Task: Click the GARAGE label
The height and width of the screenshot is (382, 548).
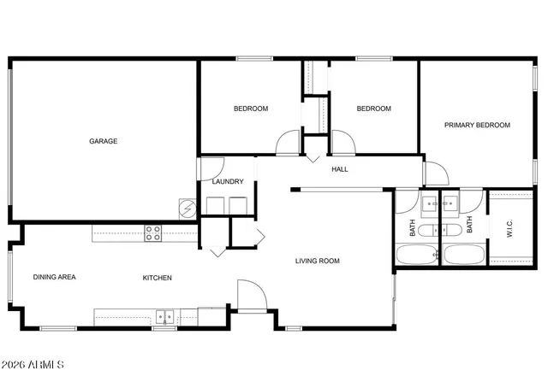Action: pyautogui.click(x=104, y=141)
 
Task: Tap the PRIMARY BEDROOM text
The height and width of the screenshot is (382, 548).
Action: pyautogui.click(x=477, y=125)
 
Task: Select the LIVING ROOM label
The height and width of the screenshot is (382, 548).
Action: pyautogui.click(x=318, y=261)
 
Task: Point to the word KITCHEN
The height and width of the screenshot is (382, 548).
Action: pyautogui.click(x=158, y=278)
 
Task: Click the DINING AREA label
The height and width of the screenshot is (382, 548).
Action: pyautogui.click(x=55, y=278)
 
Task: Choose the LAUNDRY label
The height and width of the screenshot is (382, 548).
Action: pyautogui.click(x=228, y=181)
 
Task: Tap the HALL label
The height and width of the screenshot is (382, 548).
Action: pyautogui.click(x=340, y=169)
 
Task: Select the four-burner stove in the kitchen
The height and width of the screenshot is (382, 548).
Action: pyautogui.click(x=153, y=232)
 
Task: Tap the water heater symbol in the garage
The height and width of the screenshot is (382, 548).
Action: pyautogui.click(x=188, y=207)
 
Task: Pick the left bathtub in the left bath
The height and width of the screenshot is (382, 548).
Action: pyautogui.click(x=417, y=255)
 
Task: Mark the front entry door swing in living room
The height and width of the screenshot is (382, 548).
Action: pyautogui.click(x=248, y=295)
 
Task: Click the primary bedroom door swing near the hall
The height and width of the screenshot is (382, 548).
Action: pyautogui.click(x=436, y=173)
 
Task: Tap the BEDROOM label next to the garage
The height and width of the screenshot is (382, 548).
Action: pyautogui.click(x=251, y=109)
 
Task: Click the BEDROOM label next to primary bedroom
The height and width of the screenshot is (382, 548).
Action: pyautogui.click(x=373, y=109)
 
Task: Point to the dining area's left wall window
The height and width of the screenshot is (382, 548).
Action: pyautogui.click(x=10, y=277)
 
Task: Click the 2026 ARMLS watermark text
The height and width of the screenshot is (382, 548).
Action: pyautogui.click(x=34, y=365)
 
